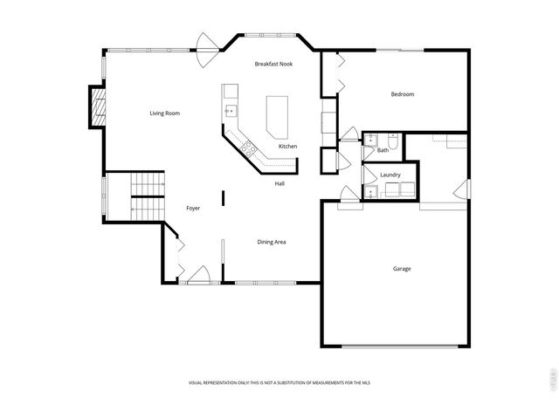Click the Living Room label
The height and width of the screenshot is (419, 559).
point(164,113)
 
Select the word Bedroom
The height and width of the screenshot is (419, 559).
point(402,94)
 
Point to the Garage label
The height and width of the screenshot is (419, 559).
point(401,268)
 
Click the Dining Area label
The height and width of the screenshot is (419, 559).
point(272,242)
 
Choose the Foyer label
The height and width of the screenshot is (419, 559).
point(194,208)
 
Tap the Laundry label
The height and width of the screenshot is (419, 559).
point(390,175)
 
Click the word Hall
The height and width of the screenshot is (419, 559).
point(279,183)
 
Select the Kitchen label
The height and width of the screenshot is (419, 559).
point(287,146)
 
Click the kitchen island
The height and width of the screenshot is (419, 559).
point(277,116)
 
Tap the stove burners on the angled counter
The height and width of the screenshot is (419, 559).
point(248,147)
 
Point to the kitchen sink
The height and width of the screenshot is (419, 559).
point(231,110)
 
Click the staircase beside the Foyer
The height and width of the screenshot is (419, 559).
point(147,196)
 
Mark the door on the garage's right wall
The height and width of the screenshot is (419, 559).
point(463,189)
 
